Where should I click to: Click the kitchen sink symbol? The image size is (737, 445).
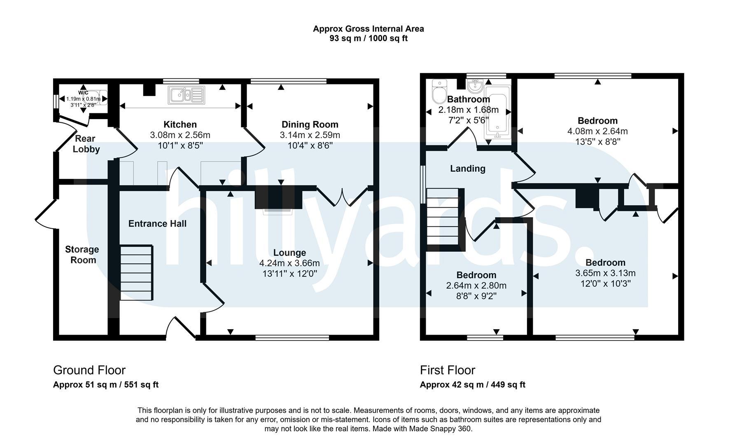tap(186, 95)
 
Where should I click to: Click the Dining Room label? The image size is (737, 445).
tap(310, 124)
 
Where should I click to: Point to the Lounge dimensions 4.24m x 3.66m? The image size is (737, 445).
tap(289, 263)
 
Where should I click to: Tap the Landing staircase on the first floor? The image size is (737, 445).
tap(443, 217)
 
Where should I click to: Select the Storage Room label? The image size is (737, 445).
tap(82, 255)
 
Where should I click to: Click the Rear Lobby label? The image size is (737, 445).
tap(85, 144)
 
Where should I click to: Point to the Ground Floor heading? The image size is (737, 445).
tap(89, 370)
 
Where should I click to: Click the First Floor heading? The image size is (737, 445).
tap(448, 370)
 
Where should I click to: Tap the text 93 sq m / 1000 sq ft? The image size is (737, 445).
tap(368, 39)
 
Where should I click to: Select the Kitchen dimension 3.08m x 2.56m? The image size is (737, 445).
tap(180, 135)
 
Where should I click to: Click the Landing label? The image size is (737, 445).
tap(468, 169)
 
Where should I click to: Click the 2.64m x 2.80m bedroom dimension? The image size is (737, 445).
tap(476, 286)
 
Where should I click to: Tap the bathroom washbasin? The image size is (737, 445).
tap(476, 86)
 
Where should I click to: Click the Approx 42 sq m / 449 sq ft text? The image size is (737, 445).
tap(473, 385)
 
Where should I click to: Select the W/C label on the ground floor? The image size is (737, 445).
tap(83, 93)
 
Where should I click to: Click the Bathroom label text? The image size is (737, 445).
tap(469, 99)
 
